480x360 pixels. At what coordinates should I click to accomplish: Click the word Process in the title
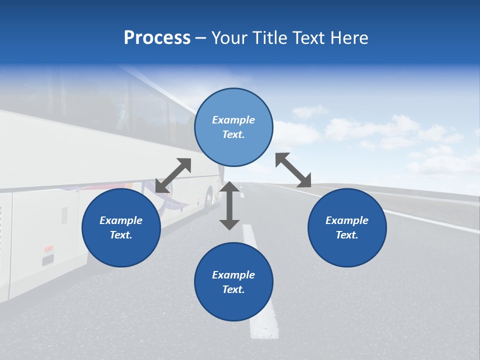pyautogui.click(x=157, y=38)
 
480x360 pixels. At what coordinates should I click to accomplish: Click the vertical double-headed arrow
pyautogui.click(x=229, y=205)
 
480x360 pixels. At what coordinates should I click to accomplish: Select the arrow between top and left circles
pyautogui.click(x=173, y=175)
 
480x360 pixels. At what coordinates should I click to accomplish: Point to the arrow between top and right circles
pyautogui.click(x=293, y=170)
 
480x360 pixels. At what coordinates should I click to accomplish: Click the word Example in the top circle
pyautogui.click(x=233, y=120)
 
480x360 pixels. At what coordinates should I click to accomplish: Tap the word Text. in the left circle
pyautogui.click(x=121, y=235)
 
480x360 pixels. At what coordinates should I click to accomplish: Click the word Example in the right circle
pyautogui.click(x=347, y=220)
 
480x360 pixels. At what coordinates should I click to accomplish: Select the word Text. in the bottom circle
pyautogui.click(x=233, y=289)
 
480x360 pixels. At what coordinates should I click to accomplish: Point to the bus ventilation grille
pyautogui.click(x=65, y=215)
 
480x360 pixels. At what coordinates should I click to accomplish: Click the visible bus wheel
pyautogui.click(x=209, y=198)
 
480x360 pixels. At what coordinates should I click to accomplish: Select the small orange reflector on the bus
pyautogui.click(x=48, y=248)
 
